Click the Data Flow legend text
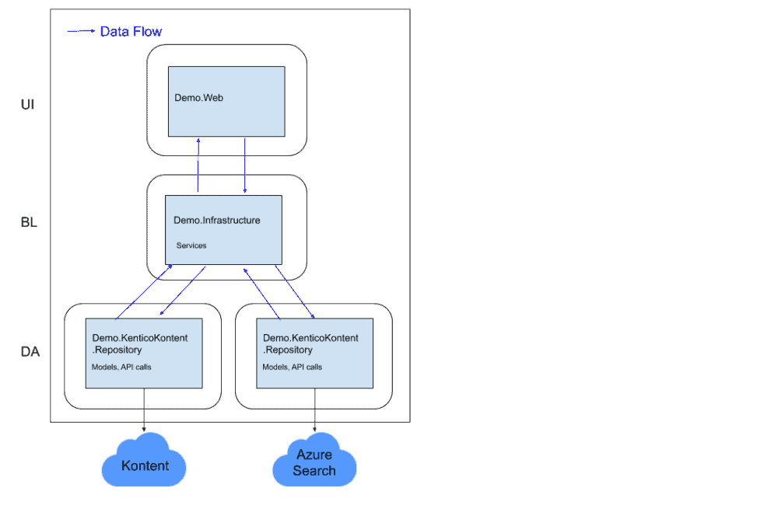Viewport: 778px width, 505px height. coord(131,32)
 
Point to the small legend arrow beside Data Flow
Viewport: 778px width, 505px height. coord(81,31)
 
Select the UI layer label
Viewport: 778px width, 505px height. coord(27,105)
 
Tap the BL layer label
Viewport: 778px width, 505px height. coord(29,223)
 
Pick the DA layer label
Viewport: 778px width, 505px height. coord(30,352)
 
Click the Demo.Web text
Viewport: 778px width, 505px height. coord(198,98)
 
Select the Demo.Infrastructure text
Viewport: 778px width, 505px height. coord(216,221)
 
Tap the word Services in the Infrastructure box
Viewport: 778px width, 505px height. coord(191,246)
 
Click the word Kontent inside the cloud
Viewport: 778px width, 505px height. coord(145,466)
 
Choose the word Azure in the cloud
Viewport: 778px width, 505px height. coord(314,454)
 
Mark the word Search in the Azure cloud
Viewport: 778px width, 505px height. coord(314,471)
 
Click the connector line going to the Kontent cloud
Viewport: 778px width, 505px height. coord(144,408)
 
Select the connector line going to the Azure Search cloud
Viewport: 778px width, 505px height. coord(315,408)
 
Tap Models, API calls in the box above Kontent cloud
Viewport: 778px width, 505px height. coord(121,367)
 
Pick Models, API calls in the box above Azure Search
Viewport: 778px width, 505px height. coord(293,367)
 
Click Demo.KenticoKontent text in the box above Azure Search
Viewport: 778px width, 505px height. coord(310,338)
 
